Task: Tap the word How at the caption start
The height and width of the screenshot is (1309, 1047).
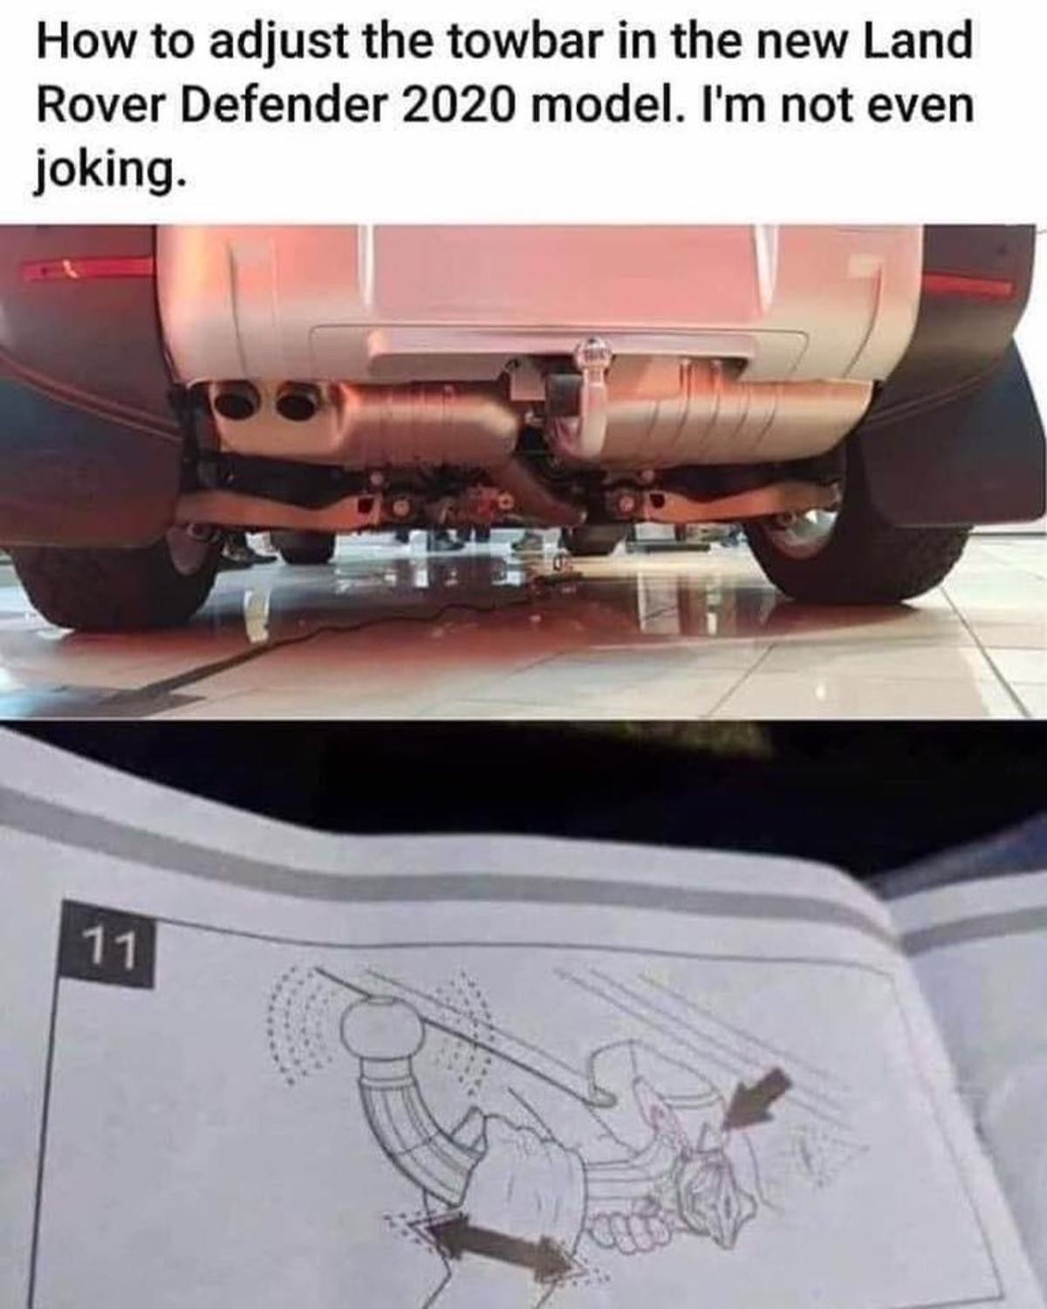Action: tap(85, 43)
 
